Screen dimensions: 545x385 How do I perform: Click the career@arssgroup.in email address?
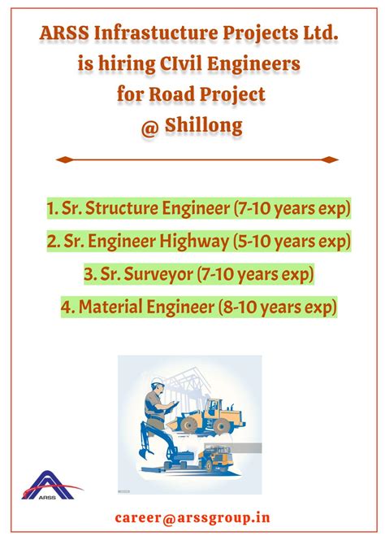pyautogui.click(x=192, y=517)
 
